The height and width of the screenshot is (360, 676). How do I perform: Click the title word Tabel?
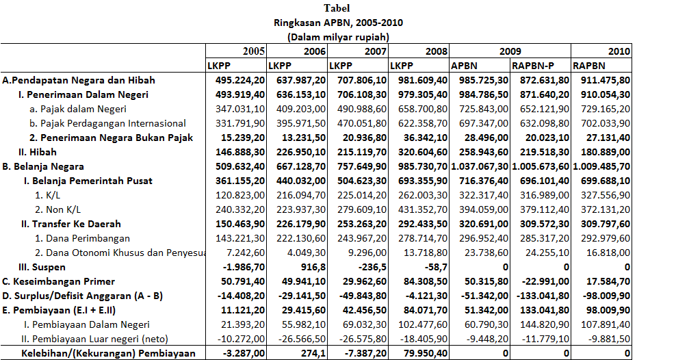point(337,8)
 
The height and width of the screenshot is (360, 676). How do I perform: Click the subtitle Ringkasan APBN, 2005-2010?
point(338,22)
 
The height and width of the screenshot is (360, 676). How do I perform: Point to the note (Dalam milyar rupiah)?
point(338,36)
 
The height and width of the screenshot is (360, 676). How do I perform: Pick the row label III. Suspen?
point(42,267)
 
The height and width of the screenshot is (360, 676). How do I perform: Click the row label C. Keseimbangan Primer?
point(59,281)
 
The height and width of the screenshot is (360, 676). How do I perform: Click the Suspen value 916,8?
point(313,267)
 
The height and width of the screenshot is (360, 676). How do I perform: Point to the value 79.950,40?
point(421,353)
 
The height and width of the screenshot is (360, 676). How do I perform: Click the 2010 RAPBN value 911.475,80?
point(602,80)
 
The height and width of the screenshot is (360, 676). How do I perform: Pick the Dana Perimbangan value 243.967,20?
point(360,238)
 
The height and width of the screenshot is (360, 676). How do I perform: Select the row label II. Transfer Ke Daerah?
point(71,224)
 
